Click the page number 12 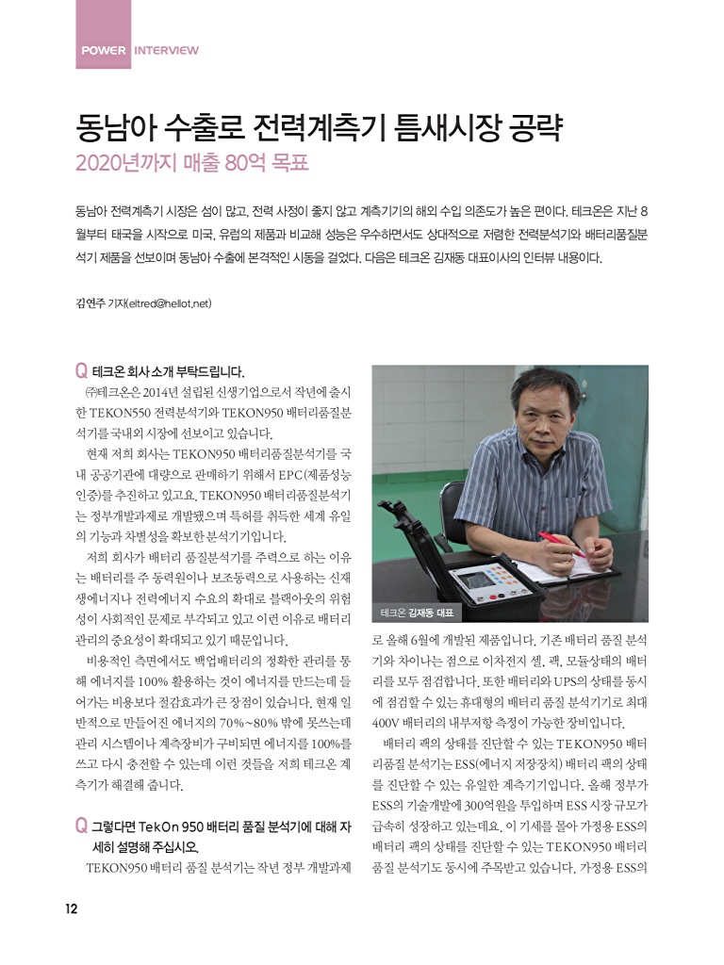tap(71, 908)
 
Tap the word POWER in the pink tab tap(104, 50)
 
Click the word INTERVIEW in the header tap(167, 50)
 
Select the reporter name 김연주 tap(90, 303)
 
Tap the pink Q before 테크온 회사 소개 tap(80, 370)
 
